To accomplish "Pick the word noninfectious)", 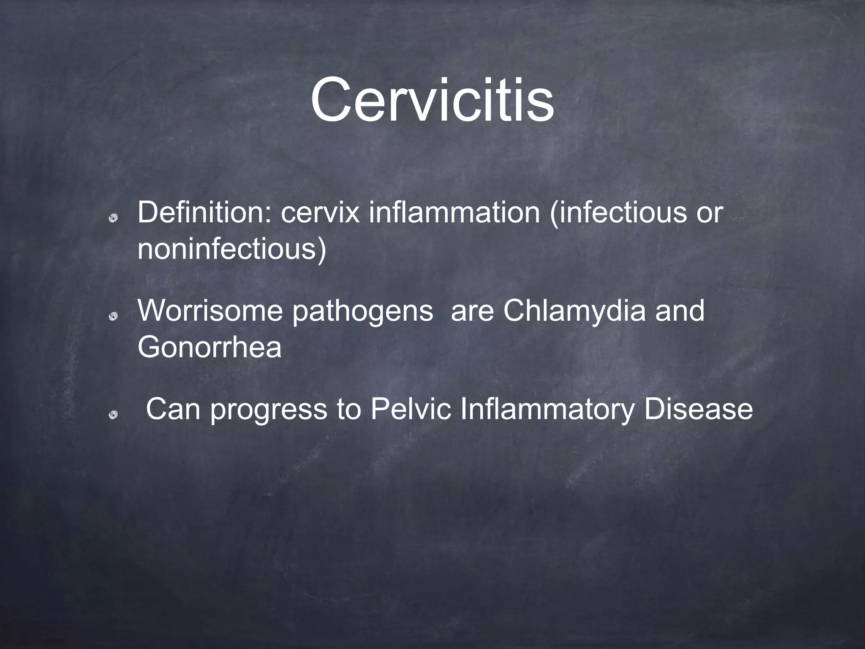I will [231, 249].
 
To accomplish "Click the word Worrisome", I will [210, 311].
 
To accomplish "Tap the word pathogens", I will [362, 311].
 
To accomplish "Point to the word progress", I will [268, 409].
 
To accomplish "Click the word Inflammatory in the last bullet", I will [547, 409].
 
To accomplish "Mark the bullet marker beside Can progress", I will [113, 416].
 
